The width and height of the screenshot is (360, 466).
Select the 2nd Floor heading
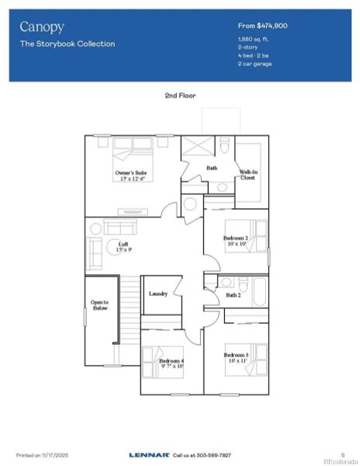tap(180, 95)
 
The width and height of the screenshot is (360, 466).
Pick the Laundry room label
tap(158, 294)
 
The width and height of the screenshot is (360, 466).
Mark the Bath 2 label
tap(234, 295)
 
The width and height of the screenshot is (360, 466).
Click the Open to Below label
tap(99, 305)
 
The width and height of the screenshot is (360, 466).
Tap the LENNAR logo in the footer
tap(147, 454)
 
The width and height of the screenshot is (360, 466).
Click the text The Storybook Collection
tap(67, 44)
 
